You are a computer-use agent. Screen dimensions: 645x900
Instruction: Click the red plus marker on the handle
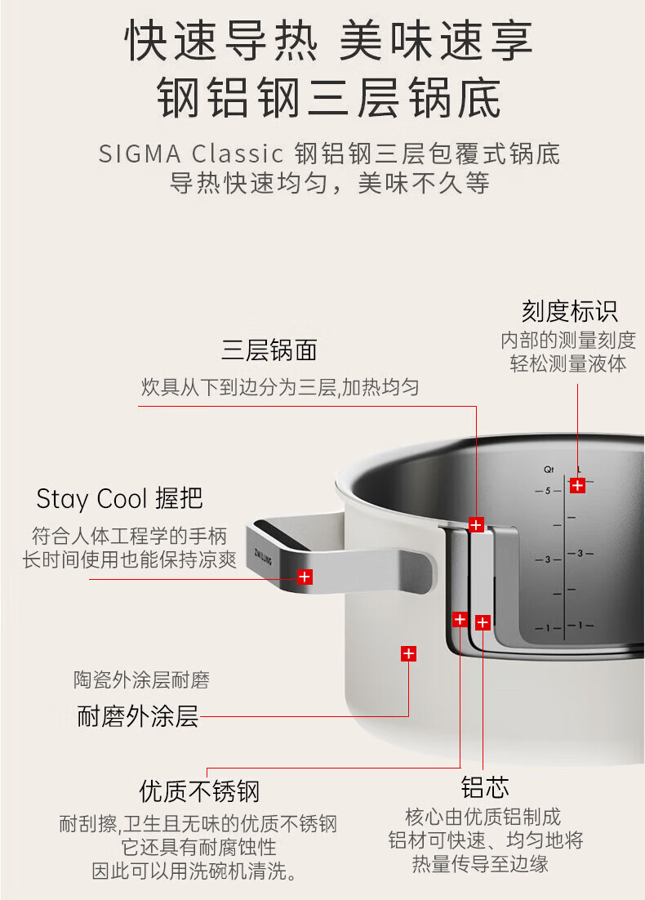(x=305, y=577)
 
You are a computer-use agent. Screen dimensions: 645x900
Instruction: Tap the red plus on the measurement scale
(x=577, y=485)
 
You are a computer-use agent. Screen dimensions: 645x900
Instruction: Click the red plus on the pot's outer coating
(x=408, y=653)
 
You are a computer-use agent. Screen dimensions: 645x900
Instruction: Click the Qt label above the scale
(x=549, y=470)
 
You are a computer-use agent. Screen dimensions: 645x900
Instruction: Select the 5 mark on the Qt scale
(x=549, y=490)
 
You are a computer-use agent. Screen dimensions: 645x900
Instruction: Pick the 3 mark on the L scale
(x=580, y=554)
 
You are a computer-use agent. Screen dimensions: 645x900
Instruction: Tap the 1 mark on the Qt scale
(x=549, y=627)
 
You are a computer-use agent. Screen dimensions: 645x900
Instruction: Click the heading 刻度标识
(x=569, y=311)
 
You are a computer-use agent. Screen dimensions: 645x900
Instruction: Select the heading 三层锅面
(x=269, y=350)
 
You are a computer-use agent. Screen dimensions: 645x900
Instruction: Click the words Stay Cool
(x=91, y=499)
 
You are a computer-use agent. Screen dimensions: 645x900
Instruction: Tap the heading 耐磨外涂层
(x=138, y=716)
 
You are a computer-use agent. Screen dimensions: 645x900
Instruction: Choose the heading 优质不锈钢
(x=199, y=791)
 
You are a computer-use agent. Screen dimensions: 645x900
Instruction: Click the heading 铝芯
(x=485, y=788)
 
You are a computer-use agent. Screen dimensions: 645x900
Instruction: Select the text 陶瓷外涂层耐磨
(x=141, y=679)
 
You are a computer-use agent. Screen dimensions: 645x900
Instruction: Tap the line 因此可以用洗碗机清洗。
(x=193, y=871)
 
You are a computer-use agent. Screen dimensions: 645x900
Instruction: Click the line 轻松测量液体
(x=568, y=363)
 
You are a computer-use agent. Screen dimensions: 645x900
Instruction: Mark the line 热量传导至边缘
(x=480, y=863)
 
